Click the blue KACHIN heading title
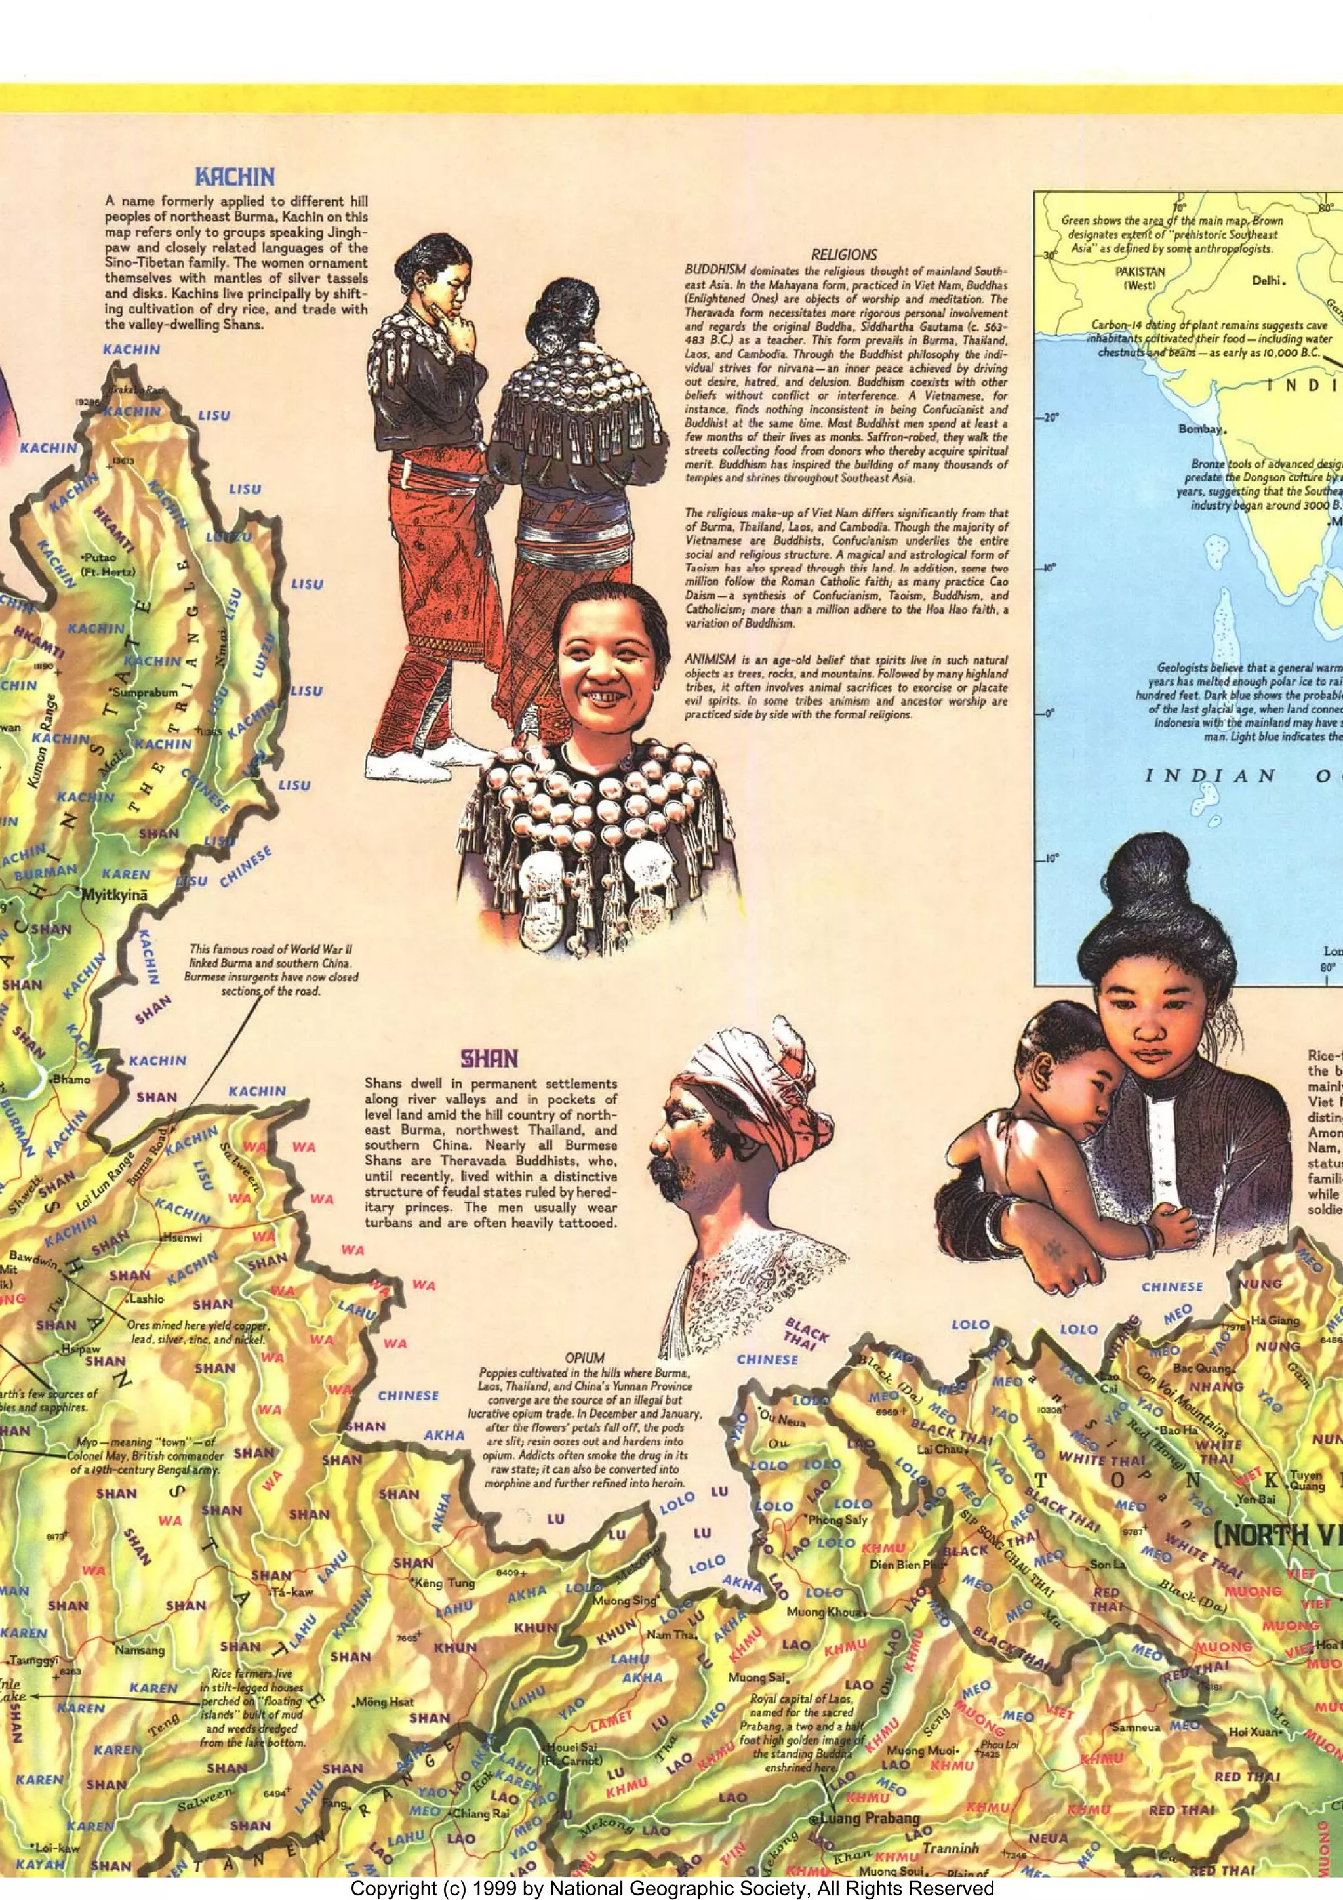(234, 177)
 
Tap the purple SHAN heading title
(489, 1059)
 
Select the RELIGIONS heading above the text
(843, 255)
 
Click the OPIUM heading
(584, 1358)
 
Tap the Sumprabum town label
(145, 692)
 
